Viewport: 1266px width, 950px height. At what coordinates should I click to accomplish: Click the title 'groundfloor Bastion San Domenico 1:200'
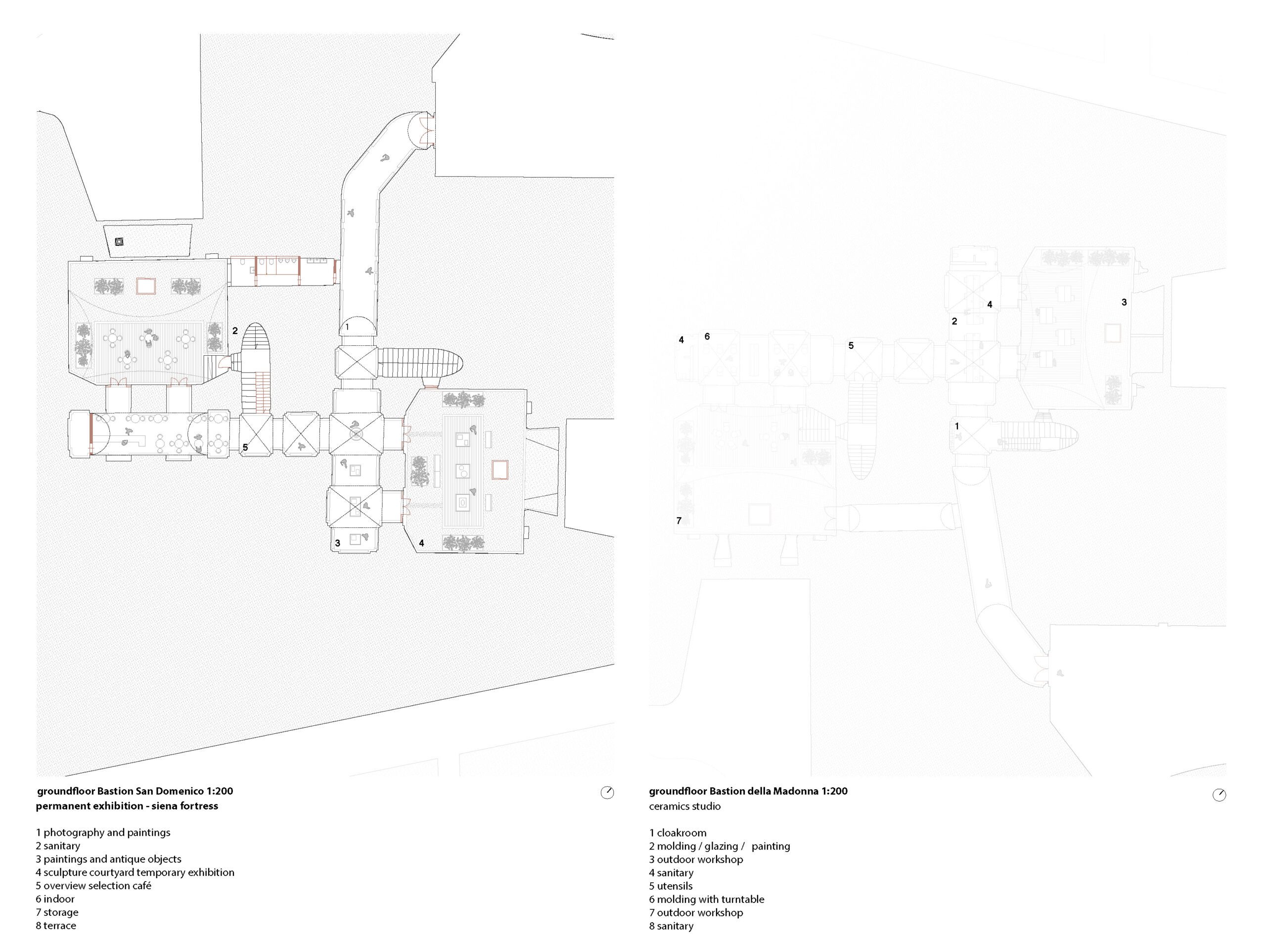(135, 791)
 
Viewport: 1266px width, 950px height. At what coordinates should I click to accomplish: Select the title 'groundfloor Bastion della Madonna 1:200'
(748, 791)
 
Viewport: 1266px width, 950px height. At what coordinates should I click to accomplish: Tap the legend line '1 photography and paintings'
(103, 833)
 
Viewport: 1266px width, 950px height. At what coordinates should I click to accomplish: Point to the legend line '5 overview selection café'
(93, 886)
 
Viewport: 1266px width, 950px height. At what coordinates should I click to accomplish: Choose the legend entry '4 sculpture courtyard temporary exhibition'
(135, 873)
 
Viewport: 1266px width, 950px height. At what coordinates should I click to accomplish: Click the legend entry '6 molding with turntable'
(706, 900)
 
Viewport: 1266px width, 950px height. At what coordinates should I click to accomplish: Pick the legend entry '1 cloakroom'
(678, 833)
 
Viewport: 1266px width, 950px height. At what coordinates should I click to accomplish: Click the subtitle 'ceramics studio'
(684, 807)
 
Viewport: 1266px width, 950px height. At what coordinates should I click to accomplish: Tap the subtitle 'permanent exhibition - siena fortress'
(127, 807)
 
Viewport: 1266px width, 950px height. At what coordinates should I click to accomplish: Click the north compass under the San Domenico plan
(607, 793)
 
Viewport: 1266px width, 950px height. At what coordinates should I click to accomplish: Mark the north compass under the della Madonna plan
(1219, 795)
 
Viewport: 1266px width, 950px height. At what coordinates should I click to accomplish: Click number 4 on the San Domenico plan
(421, 543)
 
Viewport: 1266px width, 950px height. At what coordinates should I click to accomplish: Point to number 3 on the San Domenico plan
(338, 543)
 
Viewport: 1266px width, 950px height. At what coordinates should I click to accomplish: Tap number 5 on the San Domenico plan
(245, 447)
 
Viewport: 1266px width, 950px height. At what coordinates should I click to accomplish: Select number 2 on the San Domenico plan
(235, 331)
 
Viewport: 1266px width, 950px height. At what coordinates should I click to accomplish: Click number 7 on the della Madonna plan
(679, 521)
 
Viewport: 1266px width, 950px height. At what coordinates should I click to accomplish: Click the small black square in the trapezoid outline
(119, 241)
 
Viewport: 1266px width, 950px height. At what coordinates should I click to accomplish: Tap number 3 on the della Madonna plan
(1124, 302)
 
